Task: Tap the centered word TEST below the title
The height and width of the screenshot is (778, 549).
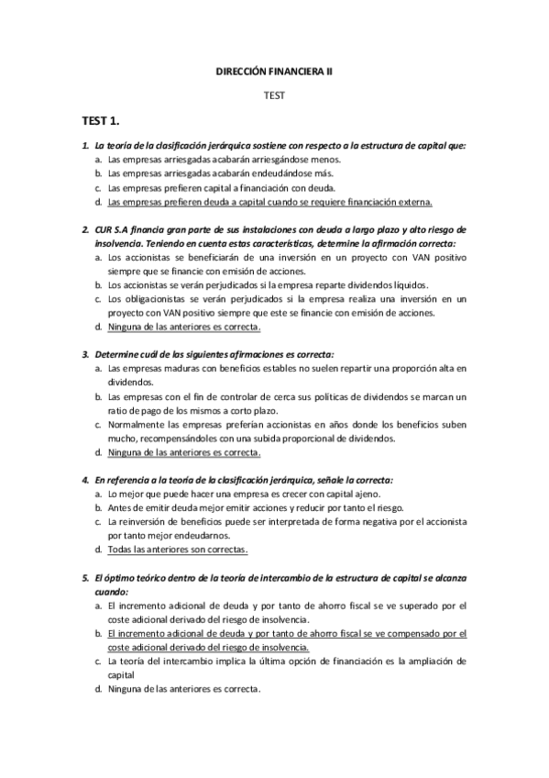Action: (x=274, y=94)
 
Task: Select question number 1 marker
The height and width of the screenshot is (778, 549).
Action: (x=84, y=145)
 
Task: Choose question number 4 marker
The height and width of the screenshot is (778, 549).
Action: (x=84, y=480)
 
